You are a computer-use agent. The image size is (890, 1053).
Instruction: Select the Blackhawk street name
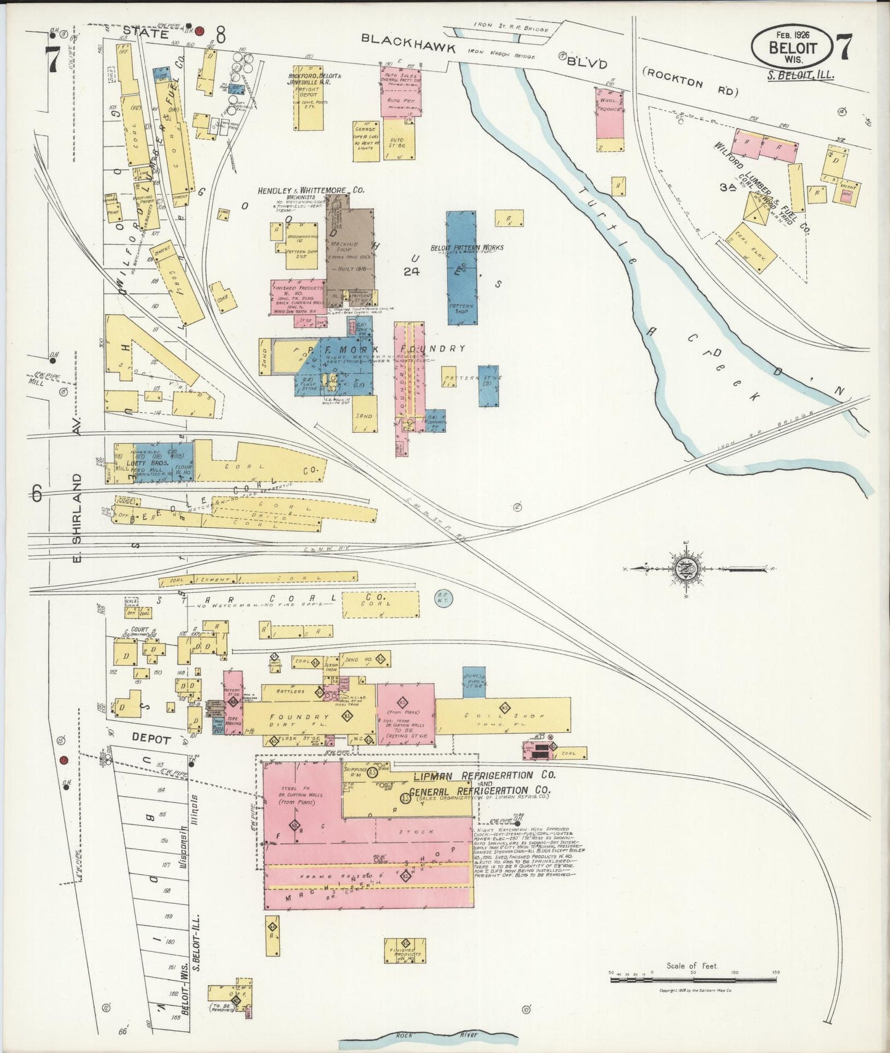tap(408, 44)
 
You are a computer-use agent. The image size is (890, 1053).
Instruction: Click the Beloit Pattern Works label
tap(467, 248)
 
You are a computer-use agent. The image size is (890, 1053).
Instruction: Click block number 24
tap(411, 271)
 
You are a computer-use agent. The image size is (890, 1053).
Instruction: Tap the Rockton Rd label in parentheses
tap(690, 81)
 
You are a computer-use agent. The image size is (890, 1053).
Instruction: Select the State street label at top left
tap(145, 34)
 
